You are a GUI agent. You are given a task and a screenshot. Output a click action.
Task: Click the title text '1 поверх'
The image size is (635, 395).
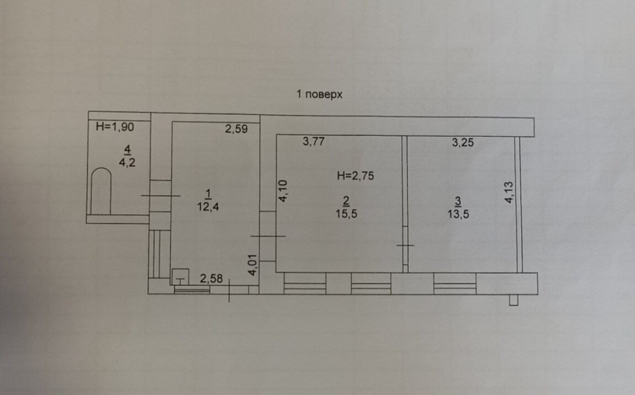[320, 95]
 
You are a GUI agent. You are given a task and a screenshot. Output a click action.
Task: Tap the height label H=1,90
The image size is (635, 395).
[115, 127]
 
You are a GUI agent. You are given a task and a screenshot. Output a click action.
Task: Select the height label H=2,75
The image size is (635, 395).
[356, 175]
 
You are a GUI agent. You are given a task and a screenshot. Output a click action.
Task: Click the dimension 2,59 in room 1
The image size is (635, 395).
[236, 129]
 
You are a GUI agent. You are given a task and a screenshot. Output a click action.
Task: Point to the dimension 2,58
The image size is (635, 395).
[211, 279]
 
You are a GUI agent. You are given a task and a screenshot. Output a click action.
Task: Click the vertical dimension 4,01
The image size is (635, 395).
[252, 265]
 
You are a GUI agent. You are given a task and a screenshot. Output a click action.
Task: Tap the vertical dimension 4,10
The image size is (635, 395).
[283, 191]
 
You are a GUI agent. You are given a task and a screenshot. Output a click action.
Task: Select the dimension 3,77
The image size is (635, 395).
[314, 141]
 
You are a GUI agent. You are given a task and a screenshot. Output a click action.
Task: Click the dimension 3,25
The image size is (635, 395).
[463, 142]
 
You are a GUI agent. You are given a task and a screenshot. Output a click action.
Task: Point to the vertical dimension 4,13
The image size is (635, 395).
[509, 192]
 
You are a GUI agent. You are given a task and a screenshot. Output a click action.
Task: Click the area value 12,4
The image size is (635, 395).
[208, 207]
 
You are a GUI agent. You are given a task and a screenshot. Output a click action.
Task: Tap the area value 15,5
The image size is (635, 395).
[347, 213]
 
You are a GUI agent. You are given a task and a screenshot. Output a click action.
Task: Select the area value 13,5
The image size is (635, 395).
[458, 213]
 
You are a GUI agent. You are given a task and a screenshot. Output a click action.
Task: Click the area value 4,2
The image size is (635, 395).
[127, 163]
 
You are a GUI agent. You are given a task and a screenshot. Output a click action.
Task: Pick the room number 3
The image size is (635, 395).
[458, 201]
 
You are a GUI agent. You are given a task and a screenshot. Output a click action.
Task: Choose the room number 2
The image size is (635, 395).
[346, 201]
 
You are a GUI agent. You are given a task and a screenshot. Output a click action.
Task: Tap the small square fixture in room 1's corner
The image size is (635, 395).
[180, 277]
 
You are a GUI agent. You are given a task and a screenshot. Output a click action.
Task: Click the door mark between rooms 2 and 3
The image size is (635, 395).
[405, 245]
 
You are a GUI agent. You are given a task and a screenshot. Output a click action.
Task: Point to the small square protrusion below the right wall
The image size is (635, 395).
[514, 300]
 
